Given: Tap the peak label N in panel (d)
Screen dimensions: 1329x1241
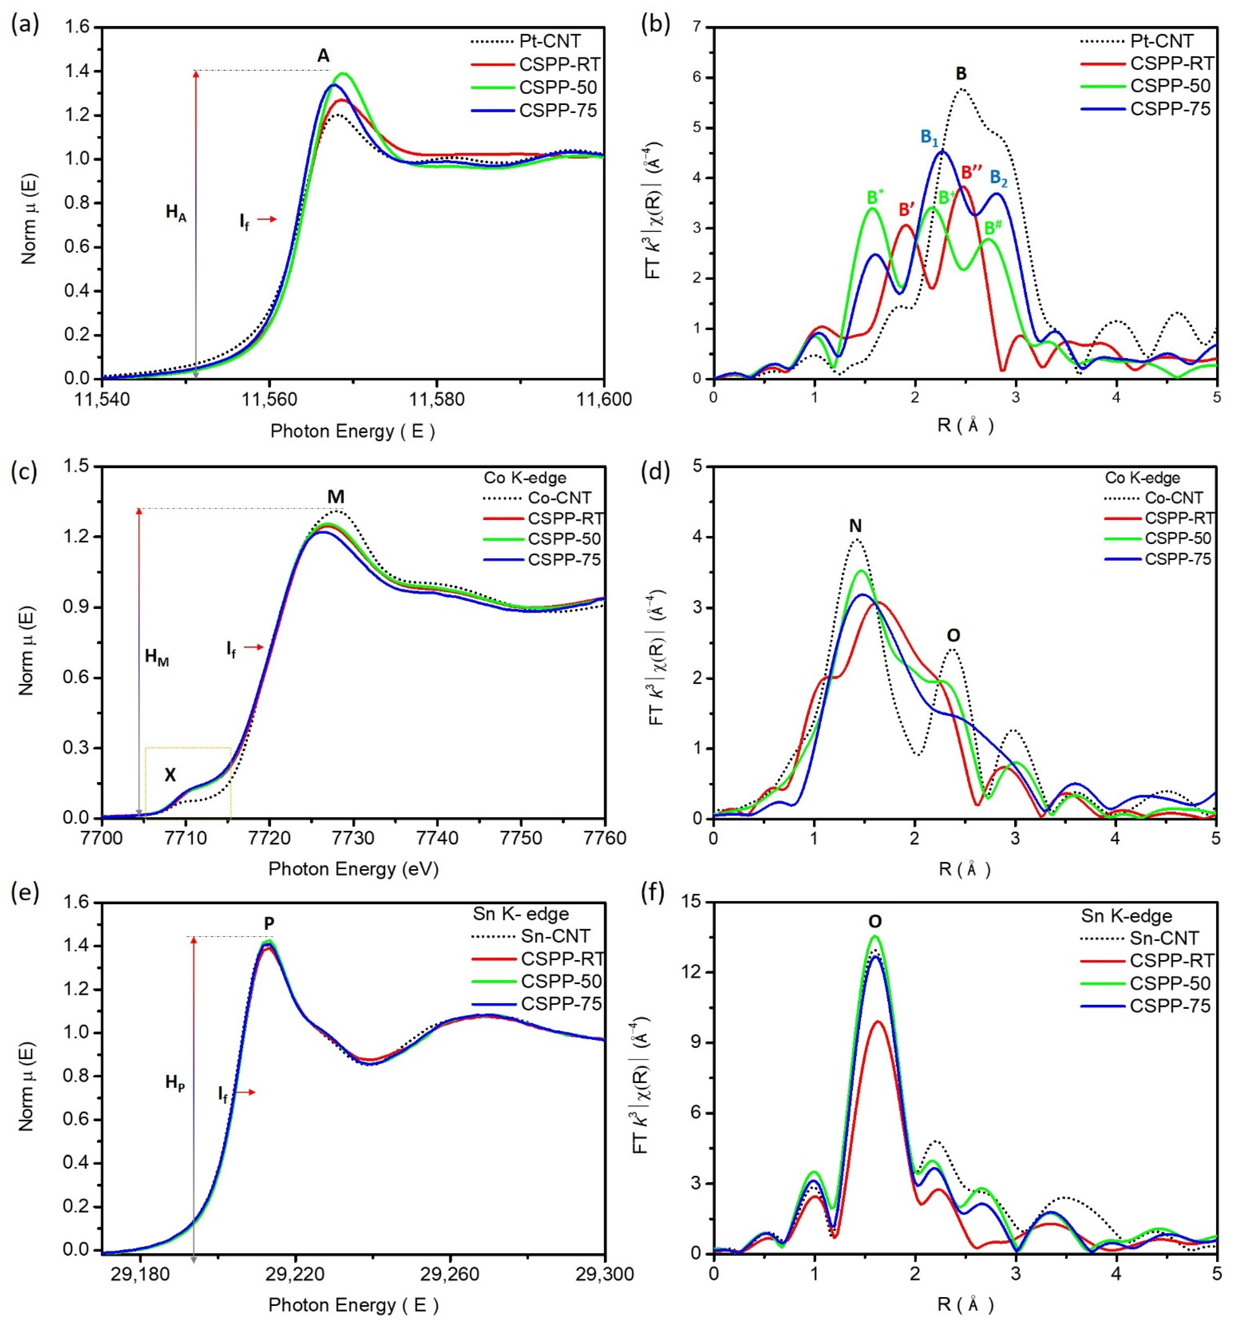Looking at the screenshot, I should pyautogui.click(x=855, y=526).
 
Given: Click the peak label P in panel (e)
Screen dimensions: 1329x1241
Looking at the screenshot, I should pyautogui.click(x=269, y=924).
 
